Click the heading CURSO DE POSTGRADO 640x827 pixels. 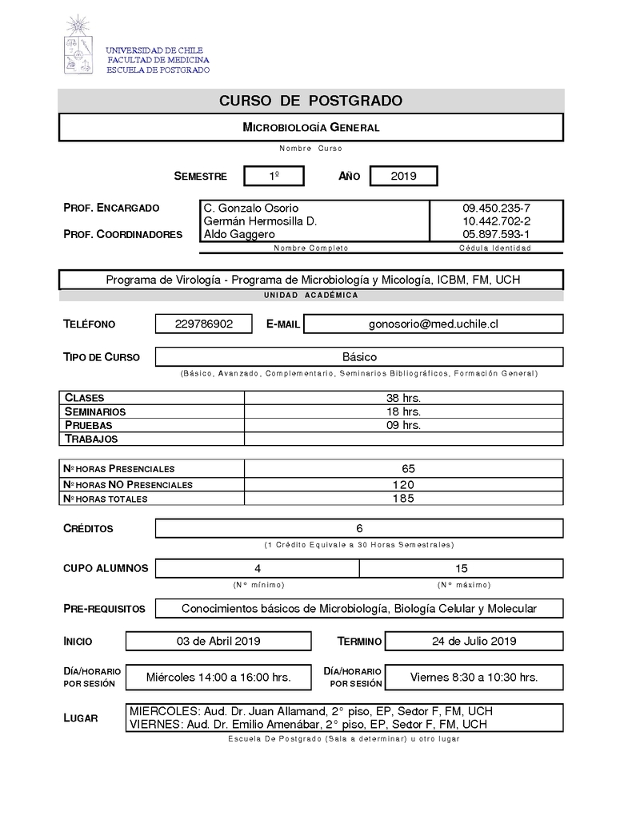310,101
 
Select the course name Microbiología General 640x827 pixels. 310,127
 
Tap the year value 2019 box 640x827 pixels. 403,176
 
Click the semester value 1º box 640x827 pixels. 274,176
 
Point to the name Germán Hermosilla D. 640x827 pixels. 261,221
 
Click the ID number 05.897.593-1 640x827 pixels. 496,234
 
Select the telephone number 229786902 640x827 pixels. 204,324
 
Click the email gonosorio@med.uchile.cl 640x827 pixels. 434,324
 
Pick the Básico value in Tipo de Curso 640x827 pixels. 359,357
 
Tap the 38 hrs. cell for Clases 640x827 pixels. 403,397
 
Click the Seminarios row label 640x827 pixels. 95,412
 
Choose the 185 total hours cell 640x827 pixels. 403,499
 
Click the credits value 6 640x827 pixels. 359,528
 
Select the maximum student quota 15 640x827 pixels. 461,568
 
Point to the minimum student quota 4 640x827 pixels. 258,568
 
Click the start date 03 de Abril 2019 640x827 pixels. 218,641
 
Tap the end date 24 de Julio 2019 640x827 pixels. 474,641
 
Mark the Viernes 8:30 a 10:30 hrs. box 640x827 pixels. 474,677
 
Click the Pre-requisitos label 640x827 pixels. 104,609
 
